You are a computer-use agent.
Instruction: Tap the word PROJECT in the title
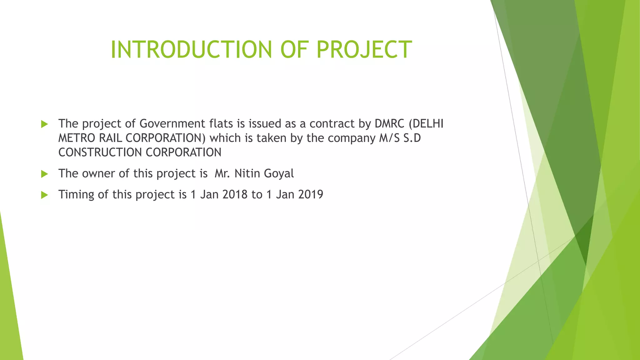(x=364, y=49)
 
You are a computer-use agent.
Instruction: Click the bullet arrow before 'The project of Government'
(x=44, y=124)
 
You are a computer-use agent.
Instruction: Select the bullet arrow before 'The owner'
(x=44, y=174)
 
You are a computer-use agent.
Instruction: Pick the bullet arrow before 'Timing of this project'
(x=44, y=195)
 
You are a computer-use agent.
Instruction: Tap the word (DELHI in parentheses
(x=426, y=124)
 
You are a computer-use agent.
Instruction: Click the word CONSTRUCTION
(x=100, y=152)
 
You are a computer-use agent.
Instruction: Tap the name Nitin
(x=247, y=173)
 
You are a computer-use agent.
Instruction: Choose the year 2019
(x=311, y=194)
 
